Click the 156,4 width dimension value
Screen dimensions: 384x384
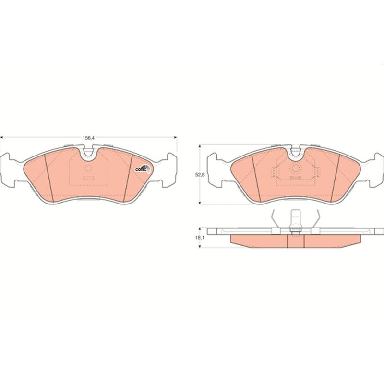tap(88, 138)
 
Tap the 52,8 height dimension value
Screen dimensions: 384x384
tap(199, 175)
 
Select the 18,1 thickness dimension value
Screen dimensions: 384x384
tap(199, 237)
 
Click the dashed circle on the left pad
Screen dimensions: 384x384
tap(88, 168)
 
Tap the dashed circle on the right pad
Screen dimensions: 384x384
tap(296, 168)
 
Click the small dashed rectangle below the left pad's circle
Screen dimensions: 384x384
tap(88, 178)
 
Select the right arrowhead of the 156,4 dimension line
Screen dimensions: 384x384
tap(175, 137)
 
